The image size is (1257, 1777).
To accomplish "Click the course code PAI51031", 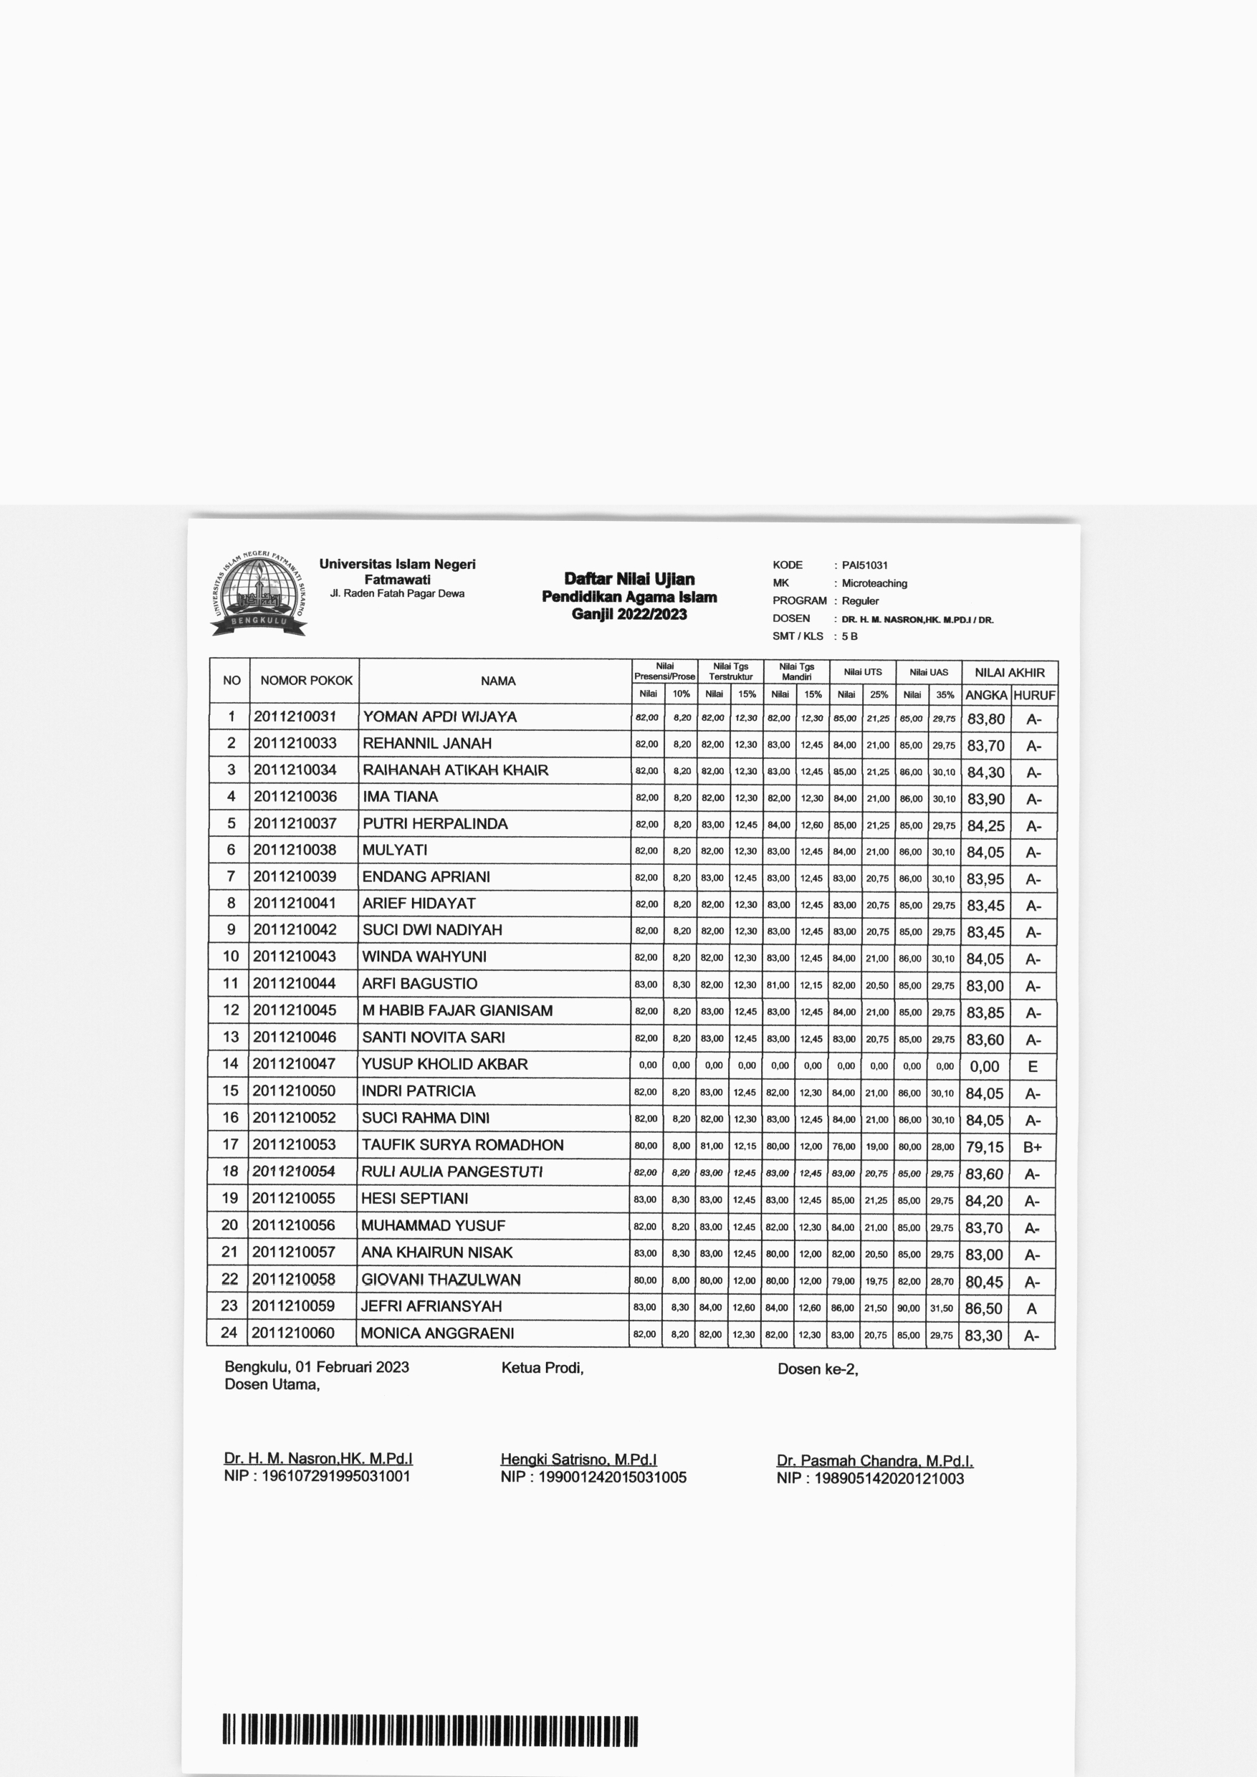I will pos(864,565).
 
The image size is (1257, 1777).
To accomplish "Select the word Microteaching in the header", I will pos(874,583).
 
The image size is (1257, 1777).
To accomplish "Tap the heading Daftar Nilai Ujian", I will pos(628,579).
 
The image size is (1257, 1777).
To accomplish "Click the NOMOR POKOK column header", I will pos(306,680).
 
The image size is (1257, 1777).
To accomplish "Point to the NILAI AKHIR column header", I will pos(1009,673).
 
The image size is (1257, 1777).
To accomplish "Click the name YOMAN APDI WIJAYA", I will pos(439,717).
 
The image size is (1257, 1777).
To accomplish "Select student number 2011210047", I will pos(294,1063).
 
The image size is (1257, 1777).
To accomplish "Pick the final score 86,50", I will pos(984,1309).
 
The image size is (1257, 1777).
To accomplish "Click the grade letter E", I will pos(1033,1066).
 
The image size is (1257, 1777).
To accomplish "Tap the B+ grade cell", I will pos(1033,1147).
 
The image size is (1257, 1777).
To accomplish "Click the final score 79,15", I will pos(985,1147).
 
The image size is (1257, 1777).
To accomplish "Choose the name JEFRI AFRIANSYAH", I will pos(431,1306).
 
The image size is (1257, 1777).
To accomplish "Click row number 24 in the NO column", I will pos(229,1332).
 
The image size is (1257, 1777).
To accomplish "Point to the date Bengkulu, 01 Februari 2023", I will pos(317,1367).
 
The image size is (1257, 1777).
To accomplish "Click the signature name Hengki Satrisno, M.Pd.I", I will pos(578,1460).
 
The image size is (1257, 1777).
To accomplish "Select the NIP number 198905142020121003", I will pos(889,1478).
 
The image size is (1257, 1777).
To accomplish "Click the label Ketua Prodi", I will pos(542,1368).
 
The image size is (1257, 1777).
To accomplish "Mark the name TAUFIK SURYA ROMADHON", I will pos(462,1145).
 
